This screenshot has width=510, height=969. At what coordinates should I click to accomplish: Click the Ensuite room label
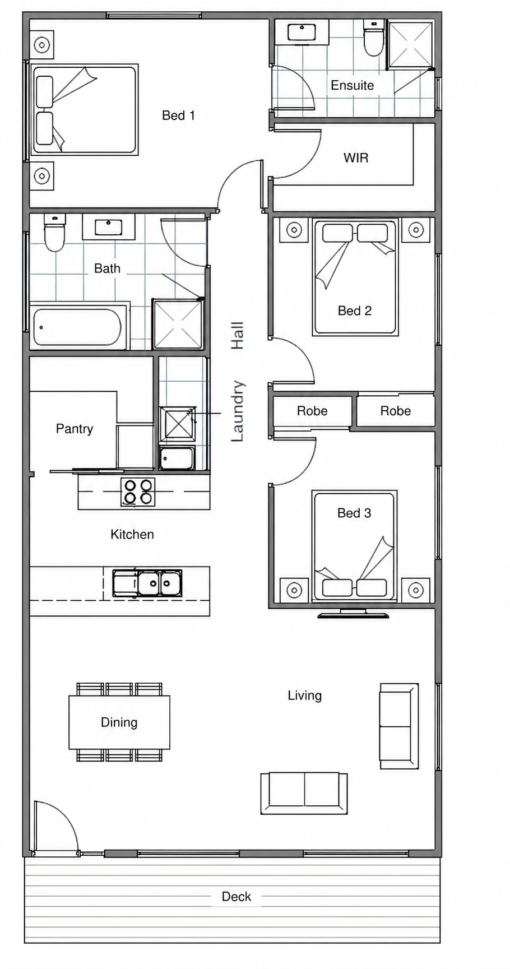click(x=352, y=85)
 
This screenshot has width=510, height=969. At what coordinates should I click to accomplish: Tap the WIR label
click(x=356, y=158)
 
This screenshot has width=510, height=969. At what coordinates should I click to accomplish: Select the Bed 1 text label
click(x=178, y=115)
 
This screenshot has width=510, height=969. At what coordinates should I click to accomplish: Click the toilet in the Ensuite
click(x=373, y=38)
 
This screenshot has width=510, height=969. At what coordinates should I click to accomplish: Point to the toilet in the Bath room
click(x=54, y=232)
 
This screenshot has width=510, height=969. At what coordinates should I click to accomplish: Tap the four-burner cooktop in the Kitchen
click(x=138, y=492)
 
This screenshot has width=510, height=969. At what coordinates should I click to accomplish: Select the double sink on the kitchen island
click(x=147, y=583)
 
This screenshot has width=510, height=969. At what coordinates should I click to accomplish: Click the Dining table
click(x=119, y=722)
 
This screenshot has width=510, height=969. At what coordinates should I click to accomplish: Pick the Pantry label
click(x=75, y=429)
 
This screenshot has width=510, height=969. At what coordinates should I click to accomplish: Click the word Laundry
click(x=238, y=411)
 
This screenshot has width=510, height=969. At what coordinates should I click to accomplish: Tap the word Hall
click(x=238, y=336)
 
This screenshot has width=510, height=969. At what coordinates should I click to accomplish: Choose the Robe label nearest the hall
click(x=312, y=411)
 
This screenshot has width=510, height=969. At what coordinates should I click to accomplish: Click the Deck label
click(x=237, y=897)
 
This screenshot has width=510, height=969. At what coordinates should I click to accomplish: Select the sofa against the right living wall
click(x=399, y=726)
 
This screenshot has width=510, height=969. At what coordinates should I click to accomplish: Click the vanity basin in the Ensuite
click(x=302, y=32)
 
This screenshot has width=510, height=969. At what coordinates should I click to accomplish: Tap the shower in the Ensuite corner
click(x=411, y=44)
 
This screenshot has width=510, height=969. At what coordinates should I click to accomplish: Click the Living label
click(x=305, y=696)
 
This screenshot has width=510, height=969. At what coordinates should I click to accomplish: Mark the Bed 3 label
click(x=354, y=513)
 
